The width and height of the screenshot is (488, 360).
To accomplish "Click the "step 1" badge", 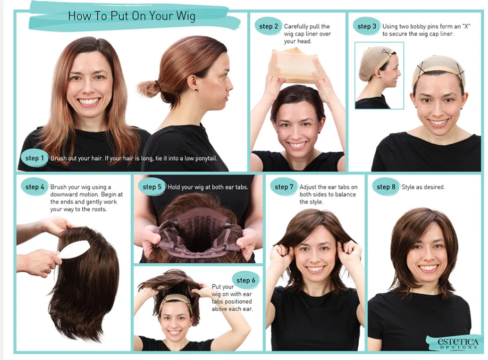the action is [x=34, y=158].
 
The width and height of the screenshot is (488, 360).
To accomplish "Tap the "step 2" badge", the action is [x=268, y=26].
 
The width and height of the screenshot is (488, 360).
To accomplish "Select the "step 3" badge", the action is [x=366, y=26].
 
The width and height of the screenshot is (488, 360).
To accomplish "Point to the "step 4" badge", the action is [x=34, y=187].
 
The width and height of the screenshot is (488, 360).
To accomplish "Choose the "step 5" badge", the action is [x=152, y=187].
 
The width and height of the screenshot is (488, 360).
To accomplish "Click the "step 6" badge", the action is [x=246, y=280].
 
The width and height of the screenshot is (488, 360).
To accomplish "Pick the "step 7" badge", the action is [x=284, y=187].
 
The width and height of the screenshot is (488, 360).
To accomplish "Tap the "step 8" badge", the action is [x=386, y=187].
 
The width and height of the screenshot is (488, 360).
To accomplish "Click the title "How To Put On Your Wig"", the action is [x=132, y=15].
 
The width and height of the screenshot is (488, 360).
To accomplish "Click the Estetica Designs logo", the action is [x=458, y=343].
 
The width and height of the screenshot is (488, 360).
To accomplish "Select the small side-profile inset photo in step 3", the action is [x=379, y=75].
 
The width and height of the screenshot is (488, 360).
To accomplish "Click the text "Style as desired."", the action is [x=423, y=187].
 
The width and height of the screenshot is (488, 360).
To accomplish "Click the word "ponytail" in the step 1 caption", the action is [x=206, y=158].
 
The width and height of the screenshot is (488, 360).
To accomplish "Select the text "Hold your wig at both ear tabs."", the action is [x=208, y=187].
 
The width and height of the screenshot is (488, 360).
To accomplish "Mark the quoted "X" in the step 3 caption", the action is [x=466, y=26].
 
